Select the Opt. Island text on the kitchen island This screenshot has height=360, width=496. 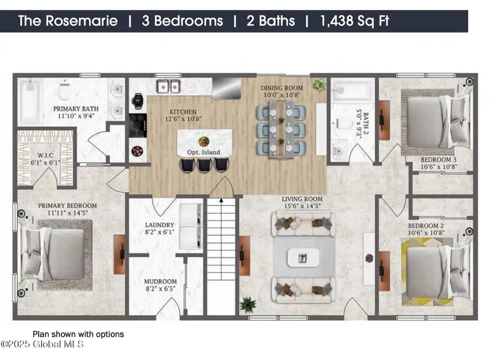tap(204, 152)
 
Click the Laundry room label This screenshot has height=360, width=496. tap(159, 228)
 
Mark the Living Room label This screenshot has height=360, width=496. tap(302, 202)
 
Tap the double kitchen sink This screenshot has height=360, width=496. tap(169, 86)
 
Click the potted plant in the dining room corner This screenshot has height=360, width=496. tap(319, 85)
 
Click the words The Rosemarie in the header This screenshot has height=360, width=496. tap(68, 22)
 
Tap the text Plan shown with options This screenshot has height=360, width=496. tap(78, 334)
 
